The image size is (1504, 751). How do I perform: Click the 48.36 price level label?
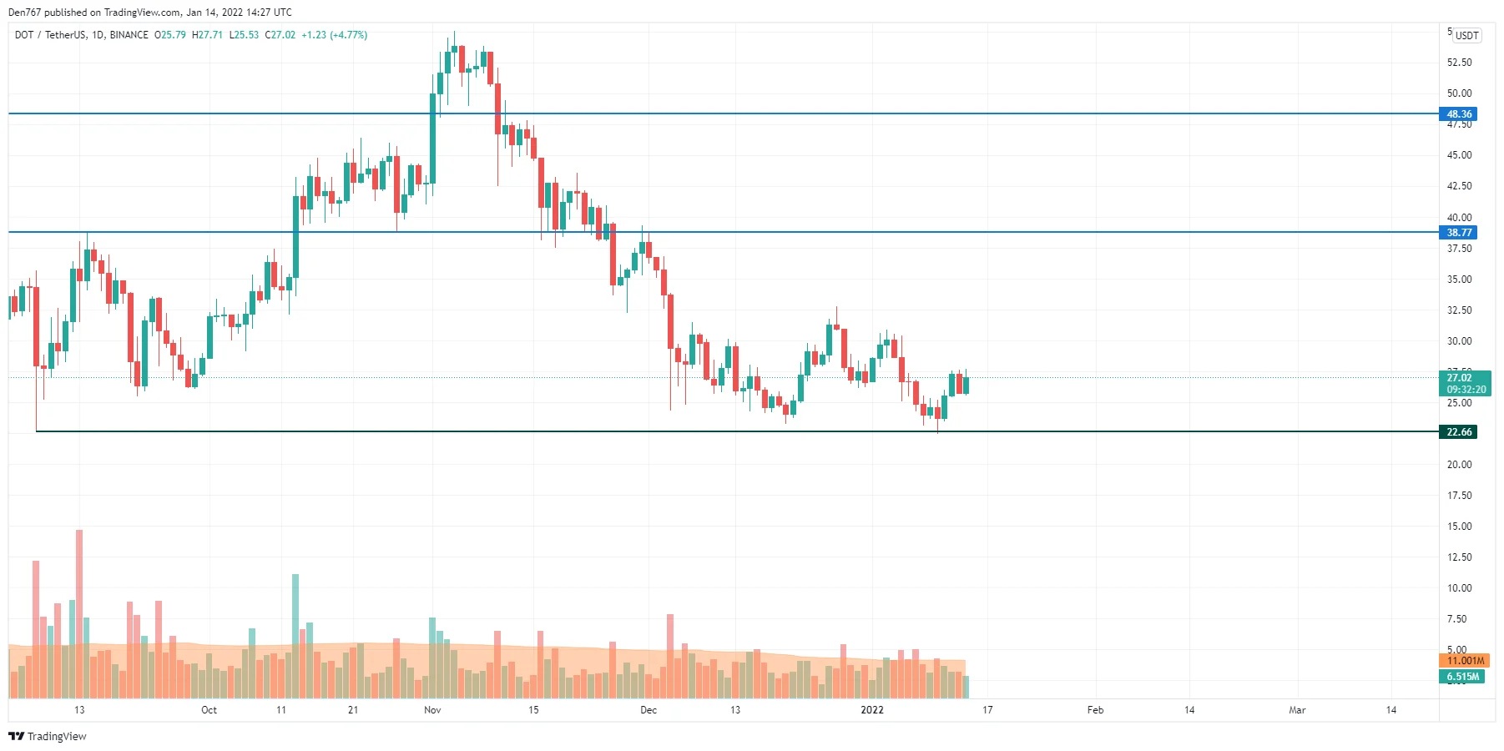coord(1458,114)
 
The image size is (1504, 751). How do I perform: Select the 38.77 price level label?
coord(1458,233)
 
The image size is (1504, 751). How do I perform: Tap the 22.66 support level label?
coord(1458,432)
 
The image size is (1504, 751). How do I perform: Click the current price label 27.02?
coord(1460,378)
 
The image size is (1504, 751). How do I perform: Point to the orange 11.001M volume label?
coord(1465,661)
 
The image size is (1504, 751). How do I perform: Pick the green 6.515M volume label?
coord(1462,677)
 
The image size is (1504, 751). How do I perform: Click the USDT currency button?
coord(1466,35)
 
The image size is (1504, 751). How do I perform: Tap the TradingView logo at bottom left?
coord(48,736)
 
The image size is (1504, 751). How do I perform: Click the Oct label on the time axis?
coord(209,710)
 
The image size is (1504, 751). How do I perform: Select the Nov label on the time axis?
coord(432,710)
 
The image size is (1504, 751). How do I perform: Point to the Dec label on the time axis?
coord(649,710)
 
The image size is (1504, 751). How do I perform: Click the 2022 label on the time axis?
coord(872,710)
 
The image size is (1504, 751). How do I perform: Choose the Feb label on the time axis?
coord(1095,710)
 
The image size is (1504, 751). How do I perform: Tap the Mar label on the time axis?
coord(1297,710)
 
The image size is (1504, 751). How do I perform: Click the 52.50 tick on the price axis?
coord(1459,63)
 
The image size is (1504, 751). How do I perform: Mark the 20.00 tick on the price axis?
coord(1459,465)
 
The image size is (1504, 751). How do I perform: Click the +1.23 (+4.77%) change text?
coord(334,35)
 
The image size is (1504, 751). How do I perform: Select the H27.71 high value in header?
coord(207,35)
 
